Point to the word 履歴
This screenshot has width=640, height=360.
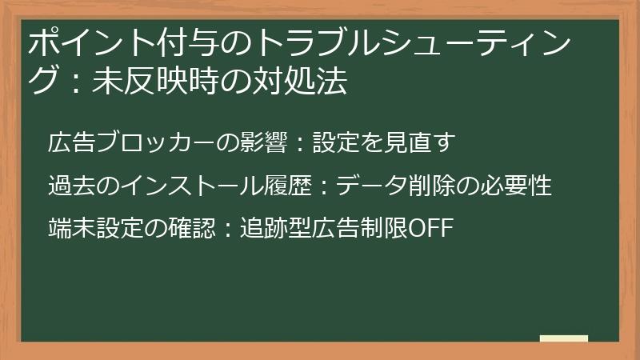pos(296,186)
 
